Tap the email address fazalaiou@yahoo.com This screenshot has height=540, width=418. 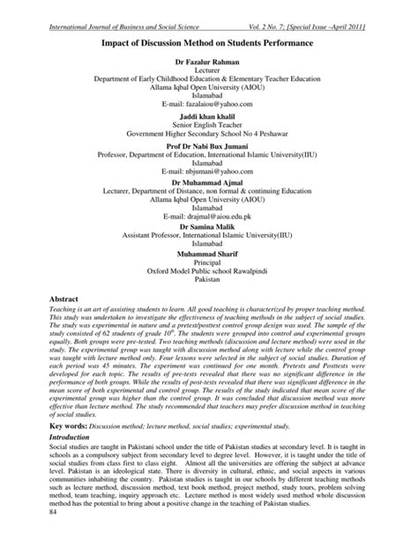click(x=209, y=103)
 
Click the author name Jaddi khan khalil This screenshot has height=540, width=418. click(x=209, y=117)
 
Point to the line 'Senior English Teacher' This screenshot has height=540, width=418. click(x=209, y=127)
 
